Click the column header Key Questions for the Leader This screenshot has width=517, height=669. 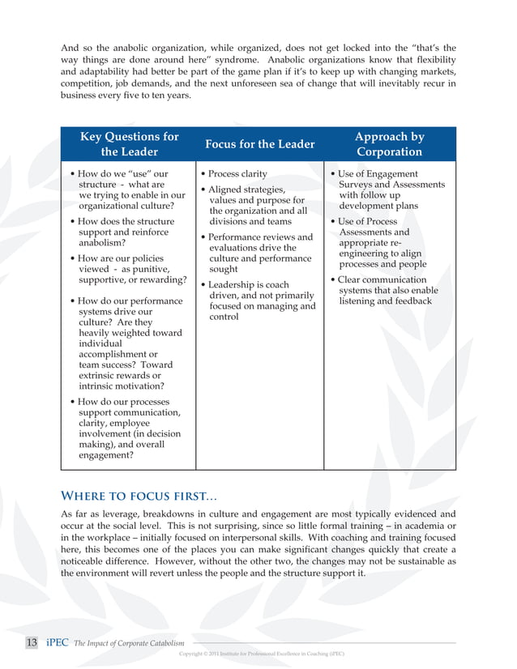pos(129,144)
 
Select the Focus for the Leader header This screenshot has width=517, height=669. pos(259,144)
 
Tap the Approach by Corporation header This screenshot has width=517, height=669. pos(389,144)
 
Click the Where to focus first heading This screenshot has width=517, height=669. pos(139,496)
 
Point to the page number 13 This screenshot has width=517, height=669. pos(32,642)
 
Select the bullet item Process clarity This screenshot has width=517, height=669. pos(237,174)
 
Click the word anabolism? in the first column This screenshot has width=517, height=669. pos(102,243)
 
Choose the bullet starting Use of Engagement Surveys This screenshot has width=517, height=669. pos(391,190)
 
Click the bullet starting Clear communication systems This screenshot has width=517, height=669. pos(387,291)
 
